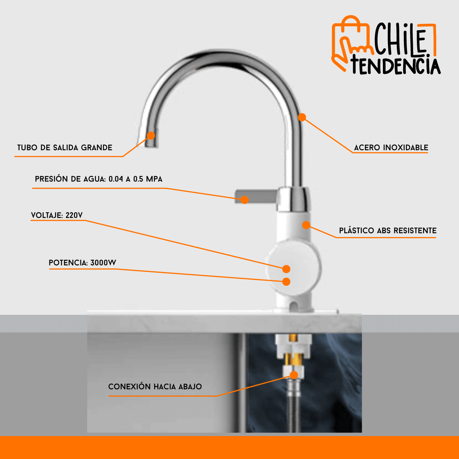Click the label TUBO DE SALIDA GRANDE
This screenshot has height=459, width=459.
click(x=65, y=148)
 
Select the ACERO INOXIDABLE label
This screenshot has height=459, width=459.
click(x=391, y=148)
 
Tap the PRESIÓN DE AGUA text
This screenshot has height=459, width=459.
click(x=98, y=179)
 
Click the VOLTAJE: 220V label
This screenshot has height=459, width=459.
click(x=57, y=215)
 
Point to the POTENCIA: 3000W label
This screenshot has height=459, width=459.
click(x=82, y=263)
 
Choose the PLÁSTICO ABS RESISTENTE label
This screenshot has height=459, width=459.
click(x=387, y=231)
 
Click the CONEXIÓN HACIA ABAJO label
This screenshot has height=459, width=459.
click(x=155, y=387)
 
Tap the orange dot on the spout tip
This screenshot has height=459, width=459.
click(x=151, y=135)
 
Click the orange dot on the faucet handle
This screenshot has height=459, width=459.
click(x=244, y=200)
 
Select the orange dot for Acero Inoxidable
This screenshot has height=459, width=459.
click(x=302, y=117)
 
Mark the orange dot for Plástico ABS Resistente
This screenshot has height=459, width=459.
click(x=306, y=225)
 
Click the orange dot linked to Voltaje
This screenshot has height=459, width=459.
click(x=286, y=269)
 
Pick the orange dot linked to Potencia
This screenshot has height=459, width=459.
click(x=286, y=282)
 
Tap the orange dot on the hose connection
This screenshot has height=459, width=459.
click(x=294, y=375)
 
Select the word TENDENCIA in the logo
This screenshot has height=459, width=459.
click(x=396, y=65)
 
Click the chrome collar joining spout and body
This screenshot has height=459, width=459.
click(x=294, y=199)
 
